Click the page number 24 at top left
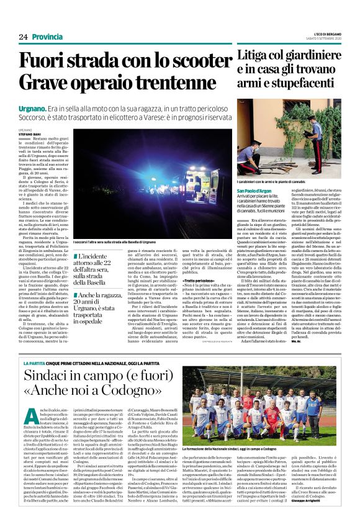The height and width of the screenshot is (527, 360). click(23, 37)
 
